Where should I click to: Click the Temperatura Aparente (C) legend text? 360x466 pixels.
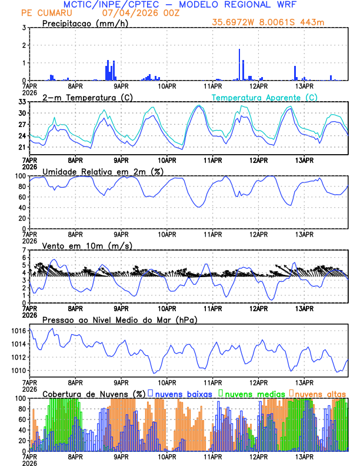(265, 97)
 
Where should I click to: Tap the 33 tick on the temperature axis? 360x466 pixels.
(22, 102)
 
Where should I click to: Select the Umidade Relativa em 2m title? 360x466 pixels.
(102, 171)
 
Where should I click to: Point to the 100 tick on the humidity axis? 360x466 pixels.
(20, 176)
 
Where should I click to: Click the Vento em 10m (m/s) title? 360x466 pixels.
(87, 245)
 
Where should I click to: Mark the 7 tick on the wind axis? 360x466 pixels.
(24, 250)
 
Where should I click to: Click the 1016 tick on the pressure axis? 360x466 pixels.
(18, 331)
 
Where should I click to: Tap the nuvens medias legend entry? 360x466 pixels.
(253, 393)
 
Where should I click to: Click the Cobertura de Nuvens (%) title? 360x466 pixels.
(94, 393)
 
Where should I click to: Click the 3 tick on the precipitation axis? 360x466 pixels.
(24, 28)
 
